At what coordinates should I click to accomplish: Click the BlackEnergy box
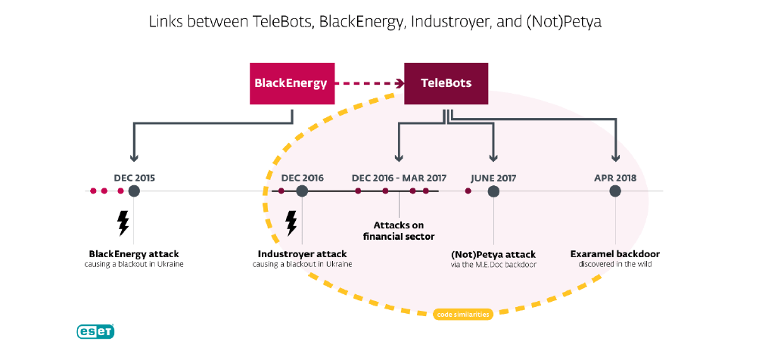pos(292,83)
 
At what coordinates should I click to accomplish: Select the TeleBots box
pos(446,83)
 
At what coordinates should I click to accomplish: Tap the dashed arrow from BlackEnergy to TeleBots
pos(369,83)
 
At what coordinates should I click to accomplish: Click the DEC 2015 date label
pos(135,178)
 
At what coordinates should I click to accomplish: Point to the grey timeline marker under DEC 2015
pos(134,191)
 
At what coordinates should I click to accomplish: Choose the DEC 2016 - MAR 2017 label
pos(399,178)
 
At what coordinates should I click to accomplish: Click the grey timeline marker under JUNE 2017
pos(493,191)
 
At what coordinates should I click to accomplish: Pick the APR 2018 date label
pos(615,178)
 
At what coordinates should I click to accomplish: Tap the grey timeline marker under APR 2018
pos(615,191)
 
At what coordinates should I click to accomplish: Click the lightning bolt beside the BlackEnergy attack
pos(123,223)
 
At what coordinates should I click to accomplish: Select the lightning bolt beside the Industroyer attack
pos(291,223)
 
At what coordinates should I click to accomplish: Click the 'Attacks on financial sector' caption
pos(399,231)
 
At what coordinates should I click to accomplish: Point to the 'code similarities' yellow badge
pos(462,315)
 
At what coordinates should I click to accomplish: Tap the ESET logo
pos(95,331)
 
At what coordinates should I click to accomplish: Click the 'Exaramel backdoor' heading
pos(615,254)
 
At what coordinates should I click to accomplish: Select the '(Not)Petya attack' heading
pos(493,255)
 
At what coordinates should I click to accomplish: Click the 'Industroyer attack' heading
pos(302,254)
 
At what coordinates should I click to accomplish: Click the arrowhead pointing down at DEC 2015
pos(134,157)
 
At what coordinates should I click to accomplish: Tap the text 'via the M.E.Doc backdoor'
pos(493,265)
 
